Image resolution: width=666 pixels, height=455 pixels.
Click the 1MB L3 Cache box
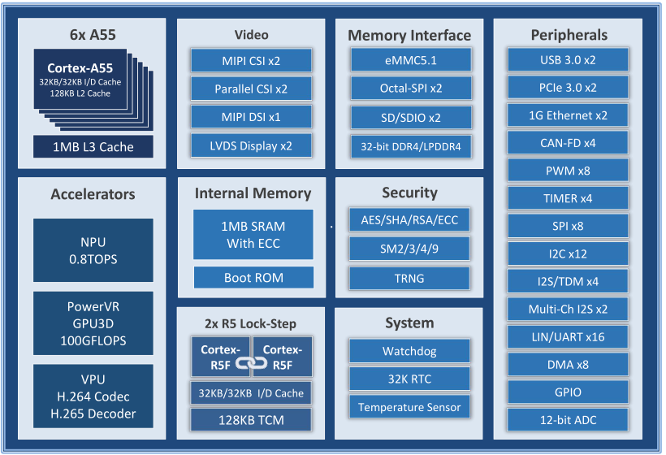(93, 147)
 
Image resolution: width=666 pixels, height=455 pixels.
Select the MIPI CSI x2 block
(251, 60)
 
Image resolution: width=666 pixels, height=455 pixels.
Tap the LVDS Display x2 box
(251, 146)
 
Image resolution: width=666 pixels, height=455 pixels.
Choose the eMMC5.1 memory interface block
(411, 60)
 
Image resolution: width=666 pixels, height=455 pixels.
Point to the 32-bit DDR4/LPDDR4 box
(411, 146)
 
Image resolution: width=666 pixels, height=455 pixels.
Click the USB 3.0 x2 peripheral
(568, 59)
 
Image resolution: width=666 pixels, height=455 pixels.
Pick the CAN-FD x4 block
(568, 143)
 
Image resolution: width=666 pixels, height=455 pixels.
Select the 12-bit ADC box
(568, 420)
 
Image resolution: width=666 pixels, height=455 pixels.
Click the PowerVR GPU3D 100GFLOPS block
(93, 323)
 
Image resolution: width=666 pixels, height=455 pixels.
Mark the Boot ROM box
(253, 278)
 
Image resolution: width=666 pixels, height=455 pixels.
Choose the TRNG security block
(410, 277)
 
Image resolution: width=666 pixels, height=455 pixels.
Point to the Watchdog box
(409, 352)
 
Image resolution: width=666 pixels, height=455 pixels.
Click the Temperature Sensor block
(409, 407)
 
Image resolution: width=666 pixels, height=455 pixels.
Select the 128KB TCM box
(251, 420)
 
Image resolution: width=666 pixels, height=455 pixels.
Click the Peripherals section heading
(569, 35)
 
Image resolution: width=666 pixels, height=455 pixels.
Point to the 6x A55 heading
(93, 35)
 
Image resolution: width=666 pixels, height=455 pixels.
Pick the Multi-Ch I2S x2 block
(568, 309)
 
